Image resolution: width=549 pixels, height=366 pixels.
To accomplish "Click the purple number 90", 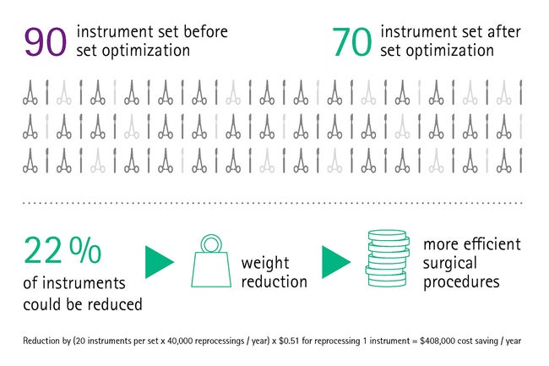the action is [x=46, y=41].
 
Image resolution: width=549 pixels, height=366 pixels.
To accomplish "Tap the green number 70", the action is [x=352, y=41].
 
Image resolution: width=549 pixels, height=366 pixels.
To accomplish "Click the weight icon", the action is [x=211, y=261].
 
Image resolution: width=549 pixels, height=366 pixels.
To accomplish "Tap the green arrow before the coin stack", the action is [x=336, y=262].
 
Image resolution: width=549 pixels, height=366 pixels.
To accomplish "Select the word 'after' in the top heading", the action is [x=504, y=32].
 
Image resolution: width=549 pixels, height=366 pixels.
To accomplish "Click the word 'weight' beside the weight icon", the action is [x=265, y=263].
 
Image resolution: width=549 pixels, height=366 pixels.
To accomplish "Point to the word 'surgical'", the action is [x=450, y=264].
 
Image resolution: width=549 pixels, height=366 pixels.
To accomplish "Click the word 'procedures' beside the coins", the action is [x=461, y=282].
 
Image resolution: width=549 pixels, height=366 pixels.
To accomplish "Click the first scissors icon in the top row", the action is [x=30, y=92].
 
